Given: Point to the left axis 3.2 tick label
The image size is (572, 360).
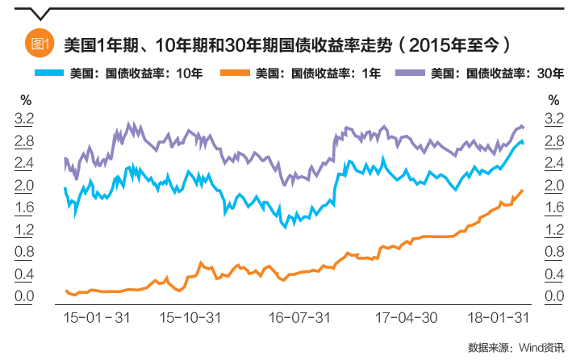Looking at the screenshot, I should [25, 119].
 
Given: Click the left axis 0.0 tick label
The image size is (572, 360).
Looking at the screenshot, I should [25, 296].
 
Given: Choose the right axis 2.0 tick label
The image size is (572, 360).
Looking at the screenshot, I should [553, 186].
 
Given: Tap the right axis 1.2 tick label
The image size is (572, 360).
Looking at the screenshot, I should [553, 230].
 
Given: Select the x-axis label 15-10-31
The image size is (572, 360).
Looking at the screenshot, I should [191, 317].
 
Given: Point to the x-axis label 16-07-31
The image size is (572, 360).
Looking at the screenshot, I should [299, 317].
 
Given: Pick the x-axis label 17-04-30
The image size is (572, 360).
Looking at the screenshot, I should [407, 317].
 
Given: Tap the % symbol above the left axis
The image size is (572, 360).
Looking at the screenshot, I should [25, 100].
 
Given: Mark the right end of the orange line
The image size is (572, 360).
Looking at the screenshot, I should [523, 190].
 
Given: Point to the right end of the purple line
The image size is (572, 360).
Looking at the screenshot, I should [524, 127].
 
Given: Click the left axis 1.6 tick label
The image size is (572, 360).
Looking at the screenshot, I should [25, 208].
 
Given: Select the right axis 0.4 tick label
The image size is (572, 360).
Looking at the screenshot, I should [553, 274].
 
